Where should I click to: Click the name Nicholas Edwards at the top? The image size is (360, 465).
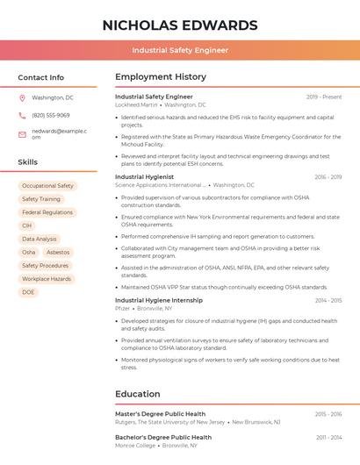click(x=180, y=25)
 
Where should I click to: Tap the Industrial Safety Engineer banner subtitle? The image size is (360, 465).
click(x=180, y=51)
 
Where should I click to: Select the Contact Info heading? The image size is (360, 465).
click(x=41, y=77)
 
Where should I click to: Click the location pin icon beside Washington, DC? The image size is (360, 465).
click(x=22, y=98)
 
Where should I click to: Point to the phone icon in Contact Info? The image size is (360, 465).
click(x=22, y=115)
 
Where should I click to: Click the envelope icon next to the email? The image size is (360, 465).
click(x=22, y=134)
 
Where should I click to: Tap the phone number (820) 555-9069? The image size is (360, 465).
click(x=51, y=115)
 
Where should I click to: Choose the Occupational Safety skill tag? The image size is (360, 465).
click(x=47, y=186)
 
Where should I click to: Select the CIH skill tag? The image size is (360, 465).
click(x=27, y=225)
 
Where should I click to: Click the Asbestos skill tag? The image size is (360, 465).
click(x=58, y=252)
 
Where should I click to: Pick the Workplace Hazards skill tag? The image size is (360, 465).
click(x=47, y=279)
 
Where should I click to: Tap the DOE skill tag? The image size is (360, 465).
click(x=28, y=292)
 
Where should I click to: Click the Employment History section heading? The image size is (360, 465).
click(x=161, y=77)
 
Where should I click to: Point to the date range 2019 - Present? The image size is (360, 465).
click(x=324, y=97)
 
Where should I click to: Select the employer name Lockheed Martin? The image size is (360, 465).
click(x=136, y=105)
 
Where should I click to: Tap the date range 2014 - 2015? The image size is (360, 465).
click(x=328, y=300)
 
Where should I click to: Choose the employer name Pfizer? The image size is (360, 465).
click(x=122, y=309)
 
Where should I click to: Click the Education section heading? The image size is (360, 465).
click(x=138, y=394)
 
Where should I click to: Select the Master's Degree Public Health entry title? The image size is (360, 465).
click(x=160, y=413)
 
